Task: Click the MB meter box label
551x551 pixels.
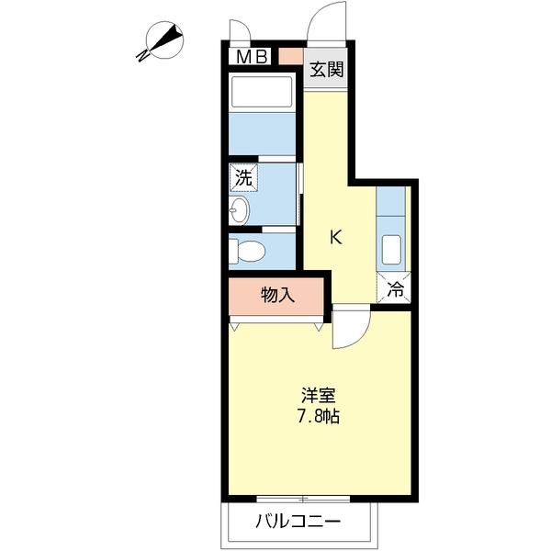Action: (x=252, y=56)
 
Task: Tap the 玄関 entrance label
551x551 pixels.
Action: (x=326, y=70)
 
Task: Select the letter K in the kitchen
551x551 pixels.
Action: (x=336, y=237)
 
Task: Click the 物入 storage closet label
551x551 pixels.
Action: (x=277, y=295)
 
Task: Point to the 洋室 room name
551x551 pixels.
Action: (x=319, y=396)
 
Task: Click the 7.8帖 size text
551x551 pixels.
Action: (x=319, y=417)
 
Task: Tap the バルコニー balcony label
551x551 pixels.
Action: (x=298, y=521)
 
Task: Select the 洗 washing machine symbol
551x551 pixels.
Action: (x=243, y=177)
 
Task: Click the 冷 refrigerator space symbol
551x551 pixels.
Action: (x=394, y=287)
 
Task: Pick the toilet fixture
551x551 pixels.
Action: (x=247, y=251)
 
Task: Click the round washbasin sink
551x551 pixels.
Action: (x=239, y=209)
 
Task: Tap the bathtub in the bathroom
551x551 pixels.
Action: (x=262, y=91)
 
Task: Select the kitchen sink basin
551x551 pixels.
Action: (x=391, y=250)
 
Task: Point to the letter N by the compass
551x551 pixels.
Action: (x=142, y=55)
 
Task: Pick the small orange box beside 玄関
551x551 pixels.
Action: (x=291, y=56)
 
